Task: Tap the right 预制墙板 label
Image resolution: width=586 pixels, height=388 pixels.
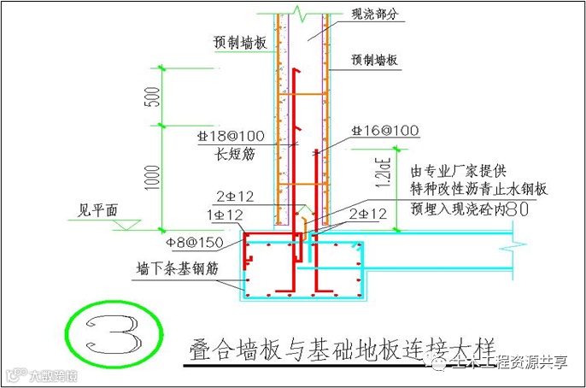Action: (376, 61)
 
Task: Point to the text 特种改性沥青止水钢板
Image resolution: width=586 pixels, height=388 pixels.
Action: (478, 189)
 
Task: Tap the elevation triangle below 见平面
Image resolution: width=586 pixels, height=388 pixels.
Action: (124, 223)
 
